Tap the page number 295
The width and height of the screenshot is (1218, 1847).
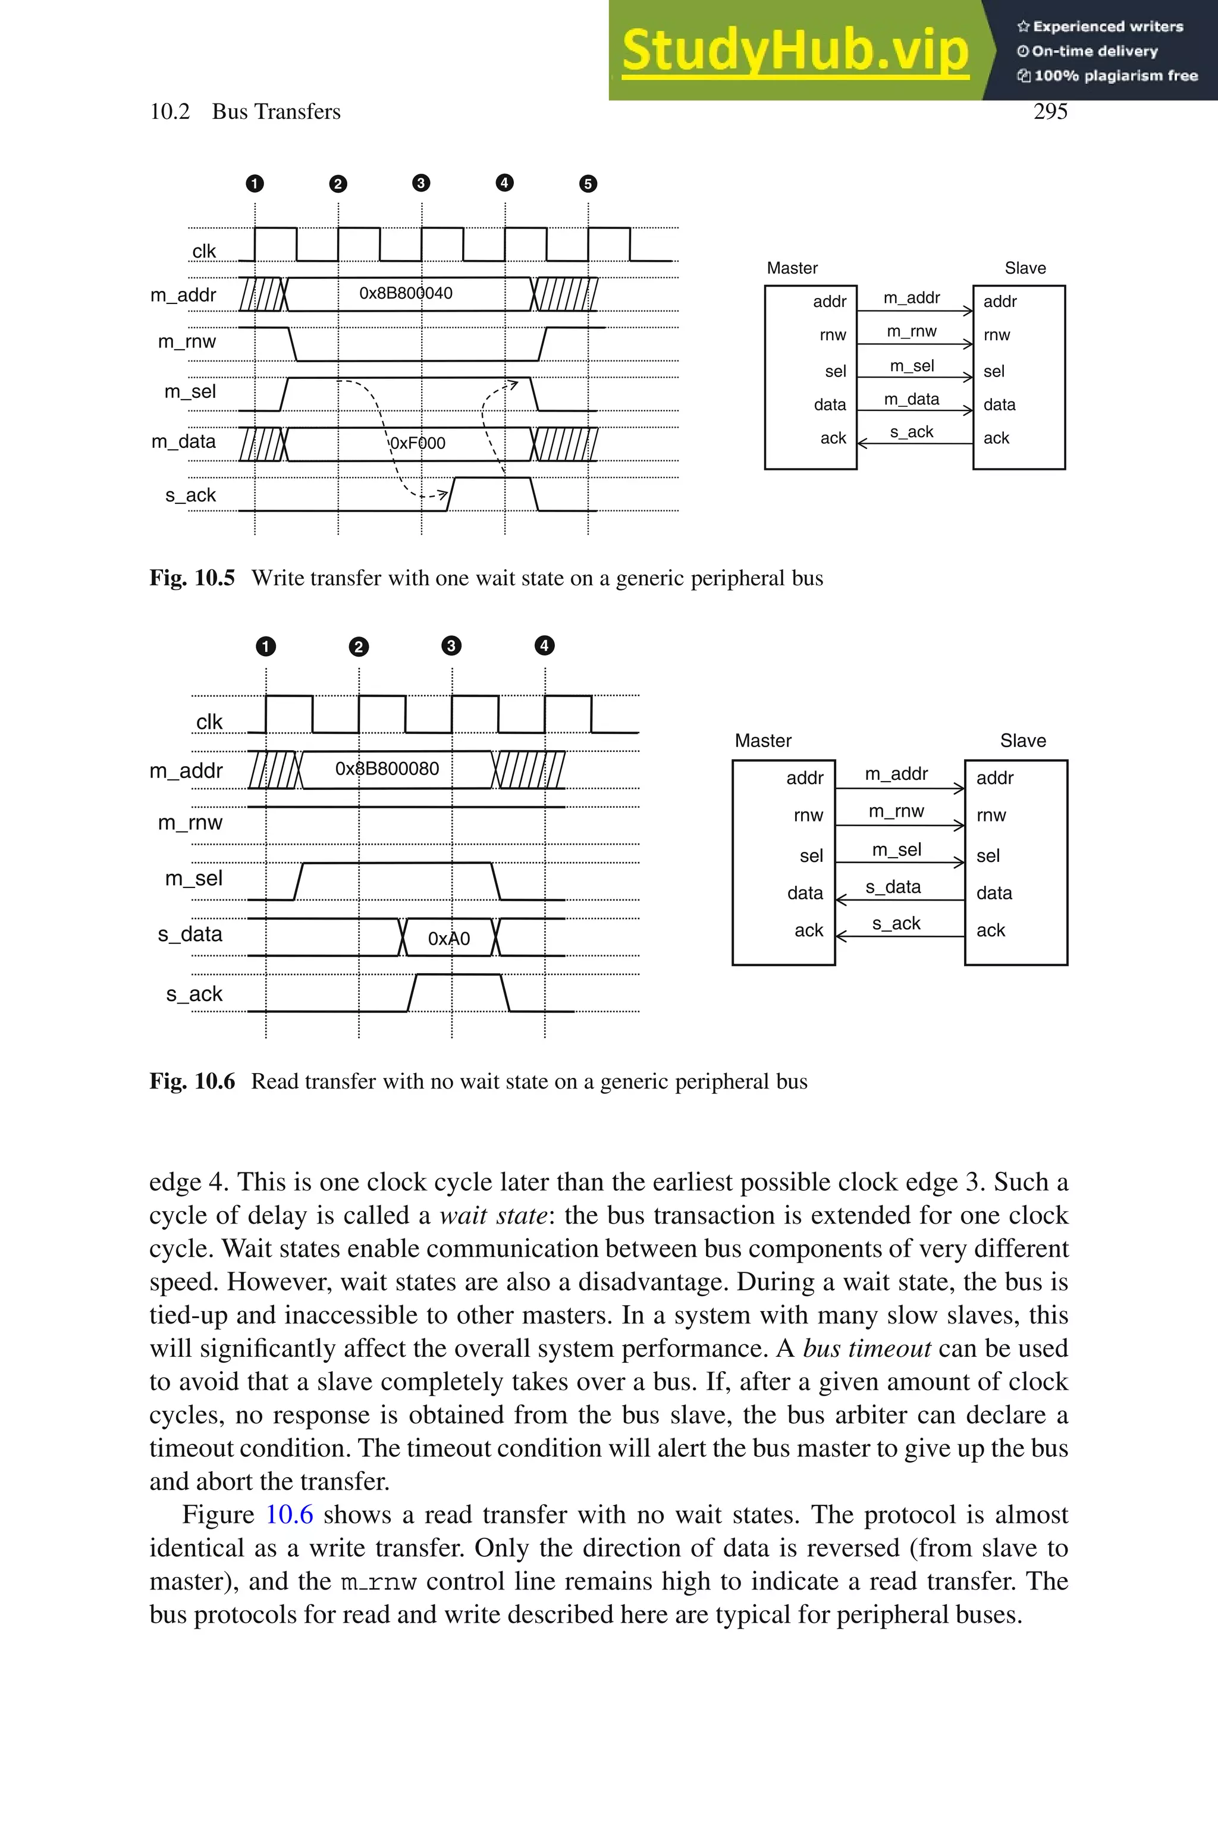click(x=1050, y=112)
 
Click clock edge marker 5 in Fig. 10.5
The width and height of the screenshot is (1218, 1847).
click(x=588, y=184)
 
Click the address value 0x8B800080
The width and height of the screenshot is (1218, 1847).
click(x=387, y=769)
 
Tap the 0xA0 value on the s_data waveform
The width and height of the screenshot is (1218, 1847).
click(x=449, y=938)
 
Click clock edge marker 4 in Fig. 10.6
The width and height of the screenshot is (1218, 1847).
click(x=545, y=645)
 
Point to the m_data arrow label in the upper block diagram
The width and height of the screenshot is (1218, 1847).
click(x=911, y=399)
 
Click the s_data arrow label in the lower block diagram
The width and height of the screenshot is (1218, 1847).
click(x=893, y=887)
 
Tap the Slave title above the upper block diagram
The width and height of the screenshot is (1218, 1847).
click(x=1025, y=268)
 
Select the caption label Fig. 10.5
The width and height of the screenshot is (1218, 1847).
click(x=192, y=578)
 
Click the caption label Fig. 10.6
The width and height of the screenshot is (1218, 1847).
click(x=192, y=1081)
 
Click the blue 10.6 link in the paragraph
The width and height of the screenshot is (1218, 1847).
click(x=289, y=1514)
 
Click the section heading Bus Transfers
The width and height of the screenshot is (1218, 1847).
click(x=276, y=112)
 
